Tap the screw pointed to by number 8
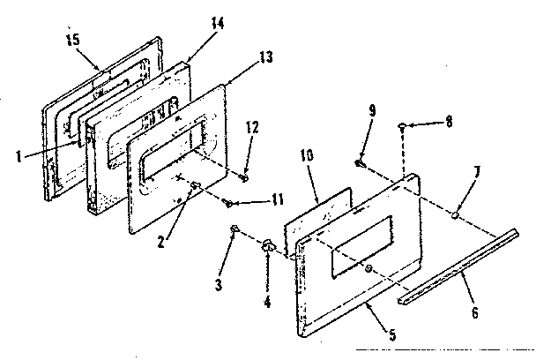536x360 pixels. point(403,129)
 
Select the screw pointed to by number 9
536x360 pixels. point(360,163)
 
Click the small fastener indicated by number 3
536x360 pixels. point(234,229)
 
